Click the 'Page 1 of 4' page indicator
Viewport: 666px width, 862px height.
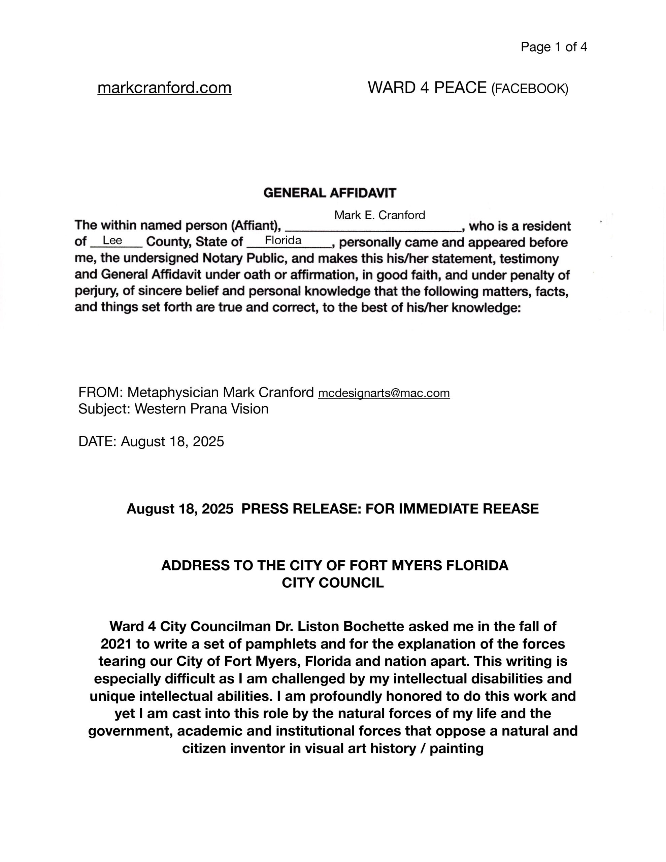554,47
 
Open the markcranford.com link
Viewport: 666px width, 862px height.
164,88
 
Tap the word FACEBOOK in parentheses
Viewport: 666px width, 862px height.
529,89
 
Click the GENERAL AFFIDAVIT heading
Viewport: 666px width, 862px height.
330,193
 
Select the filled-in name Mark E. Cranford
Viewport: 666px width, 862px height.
379,215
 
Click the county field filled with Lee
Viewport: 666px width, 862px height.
112,240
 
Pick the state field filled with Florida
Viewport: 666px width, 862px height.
283,240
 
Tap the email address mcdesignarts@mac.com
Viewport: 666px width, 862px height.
384,393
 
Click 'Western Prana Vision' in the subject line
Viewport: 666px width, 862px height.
201,409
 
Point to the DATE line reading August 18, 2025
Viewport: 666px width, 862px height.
151,441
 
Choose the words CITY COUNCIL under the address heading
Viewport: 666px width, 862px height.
332,583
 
